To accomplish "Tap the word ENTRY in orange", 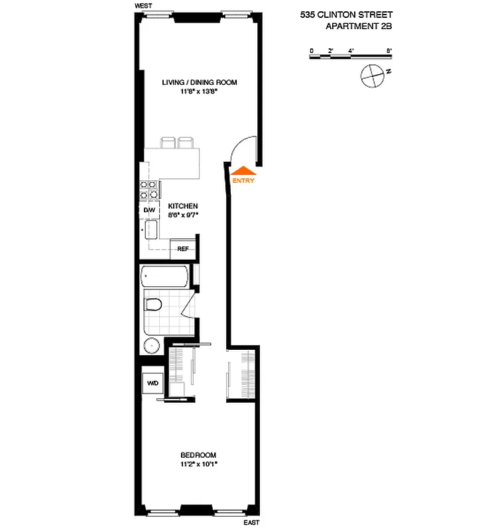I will tap(243, 180).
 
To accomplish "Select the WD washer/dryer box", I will tap(152, 383).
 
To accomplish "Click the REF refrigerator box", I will tap(183, 249).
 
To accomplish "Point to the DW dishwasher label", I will tap(149, 210).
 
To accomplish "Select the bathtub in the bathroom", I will tap(165, 276).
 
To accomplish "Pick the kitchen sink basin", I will tap(151, 230).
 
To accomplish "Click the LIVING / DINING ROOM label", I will tap(200, 83).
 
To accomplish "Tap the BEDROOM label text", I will tap(198, 454).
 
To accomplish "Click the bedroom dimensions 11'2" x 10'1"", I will tap(198, 464).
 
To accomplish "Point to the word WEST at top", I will tap(143, 5).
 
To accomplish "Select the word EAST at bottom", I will tap(251, 523).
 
